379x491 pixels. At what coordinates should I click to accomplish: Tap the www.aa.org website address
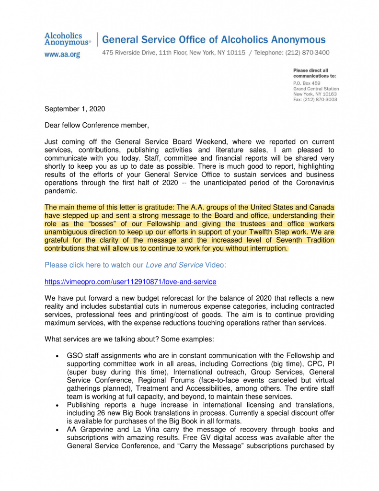click(62, 55)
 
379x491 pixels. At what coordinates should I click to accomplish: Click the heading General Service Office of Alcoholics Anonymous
click(214, 40)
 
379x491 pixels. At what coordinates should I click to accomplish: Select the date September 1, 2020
click(75, 109)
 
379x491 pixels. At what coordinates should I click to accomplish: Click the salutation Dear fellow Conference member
click(97, 126)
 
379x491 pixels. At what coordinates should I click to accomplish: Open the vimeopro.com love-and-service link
click(130, 282)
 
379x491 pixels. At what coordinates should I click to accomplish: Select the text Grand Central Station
click(316, 89)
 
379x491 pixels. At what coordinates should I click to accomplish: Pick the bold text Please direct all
click(310, 70)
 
